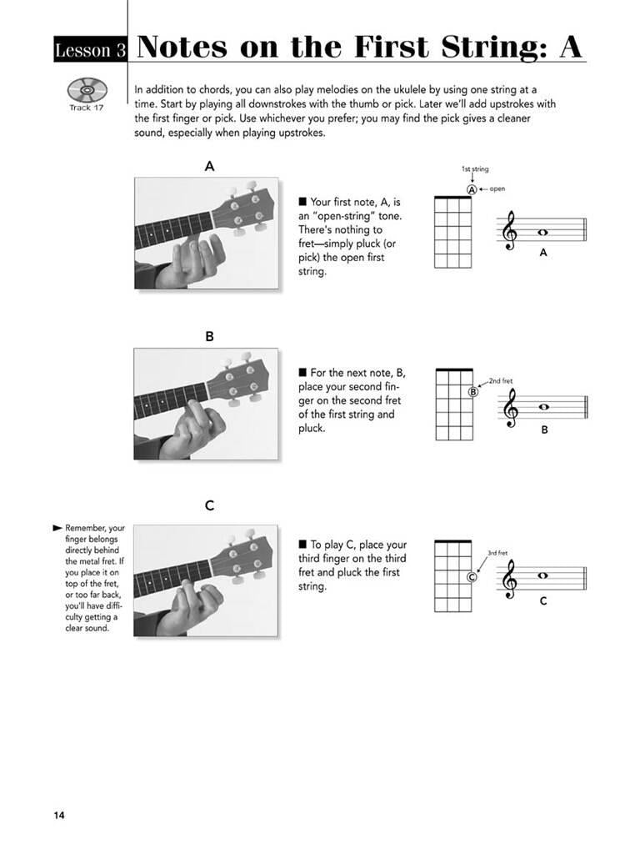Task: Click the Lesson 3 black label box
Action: pos(90,51)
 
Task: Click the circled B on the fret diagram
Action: pos(472,392)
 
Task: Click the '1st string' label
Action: pos(474,169)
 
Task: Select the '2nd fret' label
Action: pos(502,381)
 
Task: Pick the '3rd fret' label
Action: pos(498,552)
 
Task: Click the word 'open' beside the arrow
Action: pos(497,189)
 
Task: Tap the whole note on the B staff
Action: pos(543,407)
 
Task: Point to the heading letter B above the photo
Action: pos(209,336)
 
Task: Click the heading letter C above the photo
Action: pos(209,505)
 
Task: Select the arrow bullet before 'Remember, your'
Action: pos(57,528)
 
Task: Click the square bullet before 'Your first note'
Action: pos(302,202)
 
